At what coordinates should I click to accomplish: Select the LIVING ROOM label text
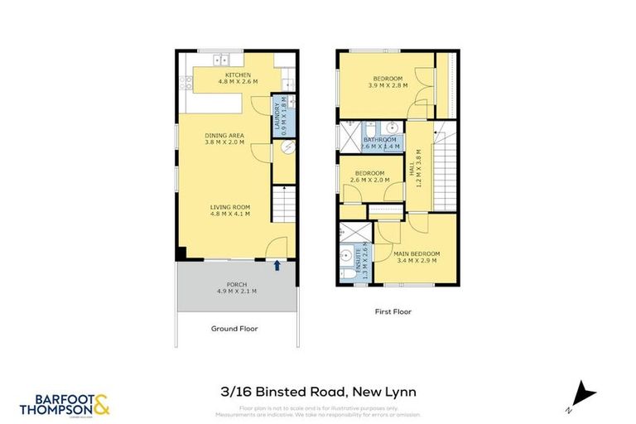point(229,207)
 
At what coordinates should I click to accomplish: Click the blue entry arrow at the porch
point(277,265)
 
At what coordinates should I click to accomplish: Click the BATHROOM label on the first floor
point(382,140)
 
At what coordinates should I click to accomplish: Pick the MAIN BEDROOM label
point(417,253)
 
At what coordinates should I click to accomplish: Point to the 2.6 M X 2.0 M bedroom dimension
point(369,180)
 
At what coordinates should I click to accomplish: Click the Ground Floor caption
point(234,329)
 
